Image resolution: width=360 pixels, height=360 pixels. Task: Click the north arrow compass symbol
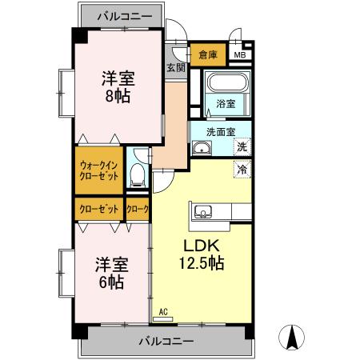pos(293,338)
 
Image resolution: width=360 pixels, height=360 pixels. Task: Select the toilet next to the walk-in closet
pos(138,173)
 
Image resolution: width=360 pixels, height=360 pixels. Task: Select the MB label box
pos(239,55)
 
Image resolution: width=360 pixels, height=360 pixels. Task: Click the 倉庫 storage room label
pos(208,55)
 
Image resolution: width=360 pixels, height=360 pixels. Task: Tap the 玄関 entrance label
pos(175,68)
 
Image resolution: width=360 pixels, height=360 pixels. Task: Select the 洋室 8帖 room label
pos(117,87)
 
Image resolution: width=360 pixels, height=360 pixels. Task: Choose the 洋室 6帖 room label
pos(111,273)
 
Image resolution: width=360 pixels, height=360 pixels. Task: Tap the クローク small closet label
pos(138,209)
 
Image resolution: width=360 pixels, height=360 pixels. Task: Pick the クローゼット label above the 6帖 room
pos(99,209)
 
